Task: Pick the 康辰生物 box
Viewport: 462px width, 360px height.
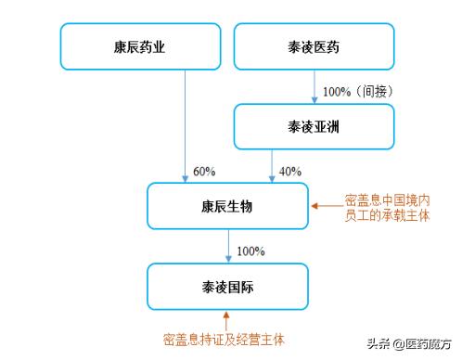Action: (227, 206)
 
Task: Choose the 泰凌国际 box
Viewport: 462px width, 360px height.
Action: (227, 286)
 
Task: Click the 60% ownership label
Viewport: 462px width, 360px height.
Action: (203, 172)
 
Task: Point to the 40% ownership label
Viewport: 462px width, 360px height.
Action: (290, 172)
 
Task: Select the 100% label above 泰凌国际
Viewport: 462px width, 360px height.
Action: (250, 251)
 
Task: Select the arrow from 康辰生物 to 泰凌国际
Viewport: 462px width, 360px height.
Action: (228, 246)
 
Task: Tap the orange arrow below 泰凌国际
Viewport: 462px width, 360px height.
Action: (228, 320)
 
